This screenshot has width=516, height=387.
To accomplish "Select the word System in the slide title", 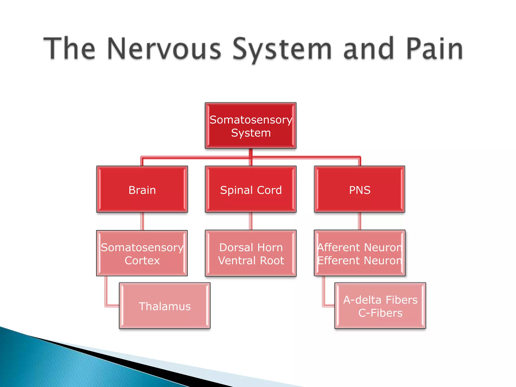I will pos(282,49).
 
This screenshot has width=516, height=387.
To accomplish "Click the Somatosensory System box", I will pos(251,126).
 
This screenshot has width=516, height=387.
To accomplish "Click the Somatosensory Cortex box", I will pos(142,253).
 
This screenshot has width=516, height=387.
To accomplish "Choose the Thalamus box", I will pos(165,306).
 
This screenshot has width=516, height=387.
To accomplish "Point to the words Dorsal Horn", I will pos(251,247).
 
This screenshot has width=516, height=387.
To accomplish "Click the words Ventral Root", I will pos(251,261).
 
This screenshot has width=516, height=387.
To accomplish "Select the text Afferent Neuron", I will pos(360,247).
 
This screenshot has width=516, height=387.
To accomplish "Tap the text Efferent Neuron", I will pos(360,261).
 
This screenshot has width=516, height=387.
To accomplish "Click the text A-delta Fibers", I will pos(380,300).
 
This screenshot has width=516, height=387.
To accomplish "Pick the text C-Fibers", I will pos(380,313).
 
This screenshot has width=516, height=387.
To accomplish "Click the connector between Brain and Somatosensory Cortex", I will pos(142,221).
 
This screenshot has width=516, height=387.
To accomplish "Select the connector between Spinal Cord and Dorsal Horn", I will pos(251,221).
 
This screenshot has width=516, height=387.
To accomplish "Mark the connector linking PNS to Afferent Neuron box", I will pos(360,221).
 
